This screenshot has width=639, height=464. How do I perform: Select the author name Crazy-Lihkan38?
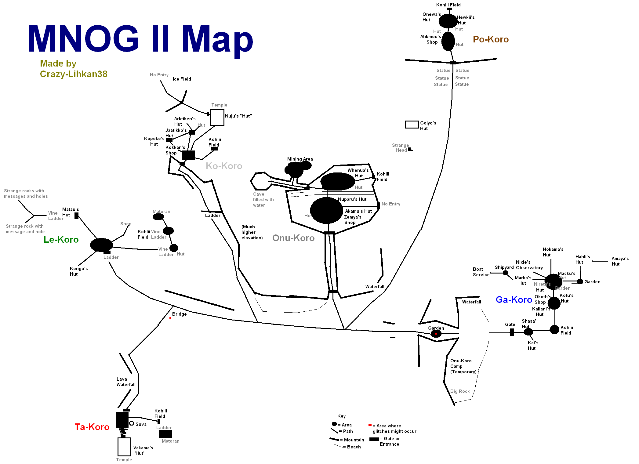tap(74, 74)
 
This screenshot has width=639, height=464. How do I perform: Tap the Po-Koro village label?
tap(491, 39)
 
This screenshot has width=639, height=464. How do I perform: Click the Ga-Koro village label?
tap(514, 299)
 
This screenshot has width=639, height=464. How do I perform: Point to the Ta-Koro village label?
tap(92, 427)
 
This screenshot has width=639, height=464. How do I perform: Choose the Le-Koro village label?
tap(61, 240)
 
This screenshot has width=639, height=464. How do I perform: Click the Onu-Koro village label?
tap(293, 238)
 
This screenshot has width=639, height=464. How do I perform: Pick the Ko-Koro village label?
tap(224, 166)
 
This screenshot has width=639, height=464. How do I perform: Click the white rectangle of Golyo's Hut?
tap(412, 125)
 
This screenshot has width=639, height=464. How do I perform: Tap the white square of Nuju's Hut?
tap(217, 118)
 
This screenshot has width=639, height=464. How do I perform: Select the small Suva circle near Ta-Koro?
tap(132, 423)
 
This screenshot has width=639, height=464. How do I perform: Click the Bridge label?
tap(179, 314)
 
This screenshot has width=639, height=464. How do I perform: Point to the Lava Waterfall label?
tap(126, 382)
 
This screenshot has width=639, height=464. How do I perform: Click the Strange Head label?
tap(400, 148)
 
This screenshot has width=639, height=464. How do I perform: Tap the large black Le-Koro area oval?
tap(101, 245)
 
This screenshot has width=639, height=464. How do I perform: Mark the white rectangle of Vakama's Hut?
tap(124, 447)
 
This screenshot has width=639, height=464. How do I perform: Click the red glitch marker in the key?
tap(370, 425)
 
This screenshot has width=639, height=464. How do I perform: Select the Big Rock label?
tap(460, 391)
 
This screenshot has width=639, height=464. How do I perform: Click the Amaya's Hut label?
tap(620, 261)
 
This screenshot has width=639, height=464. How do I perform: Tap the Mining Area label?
tap(300, 159)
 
